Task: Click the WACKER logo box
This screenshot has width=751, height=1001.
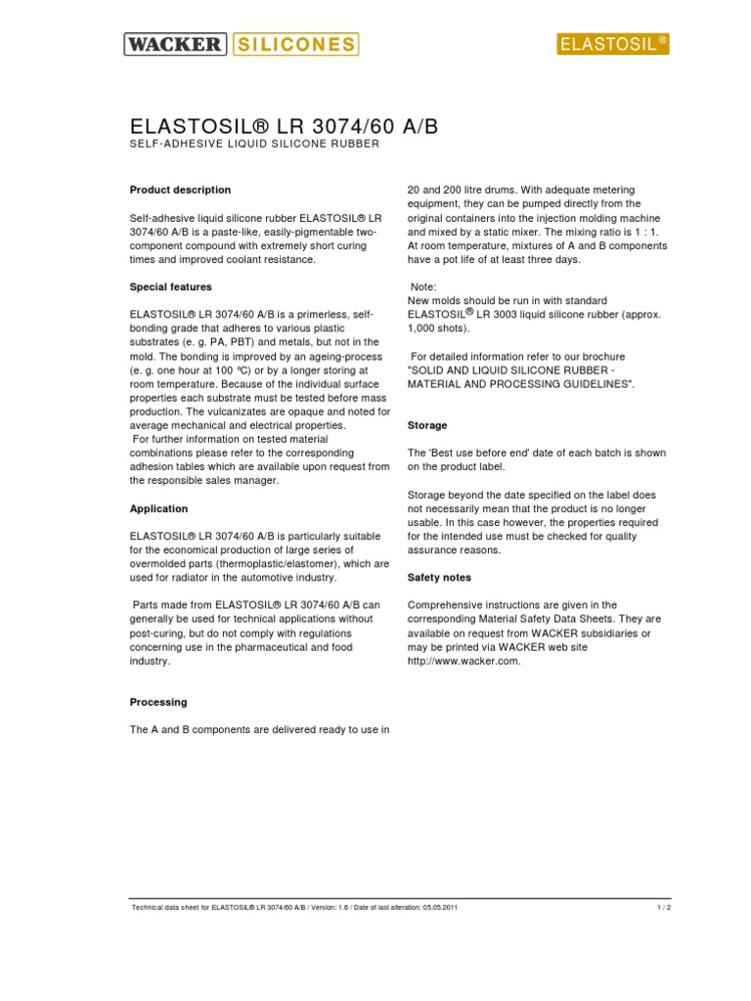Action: [x=176, y=43]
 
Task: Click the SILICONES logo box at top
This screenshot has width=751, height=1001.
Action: [x=294, y=43]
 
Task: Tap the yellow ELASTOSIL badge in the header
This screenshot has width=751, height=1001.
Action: [x=612, y=43]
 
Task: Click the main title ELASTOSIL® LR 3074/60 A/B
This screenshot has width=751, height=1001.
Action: [x=285, y=127]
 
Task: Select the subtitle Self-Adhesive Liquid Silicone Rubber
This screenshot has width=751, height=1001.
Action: [x=254, y=145]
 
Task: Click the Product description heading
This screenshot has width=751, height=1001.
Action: [x=180, y=190]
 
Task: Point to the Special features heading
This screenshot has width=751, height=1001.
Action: [x=170, y=287]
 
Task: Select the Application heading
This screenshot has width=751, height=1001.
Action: [x=158, y=508]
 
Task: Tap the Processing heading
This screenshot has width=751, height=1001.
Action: [x=157, y=702]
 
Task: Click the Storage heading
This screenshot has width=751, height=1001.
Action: [x=426, y=425]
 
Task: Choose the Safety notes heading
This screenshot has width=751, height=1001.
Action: [x=439, y=578]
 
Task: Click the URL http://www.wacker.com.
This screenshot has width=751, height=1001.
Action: [x=464, y=661]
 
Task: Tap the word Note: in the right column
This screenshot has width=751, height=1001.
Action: [x=424, y=286]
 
